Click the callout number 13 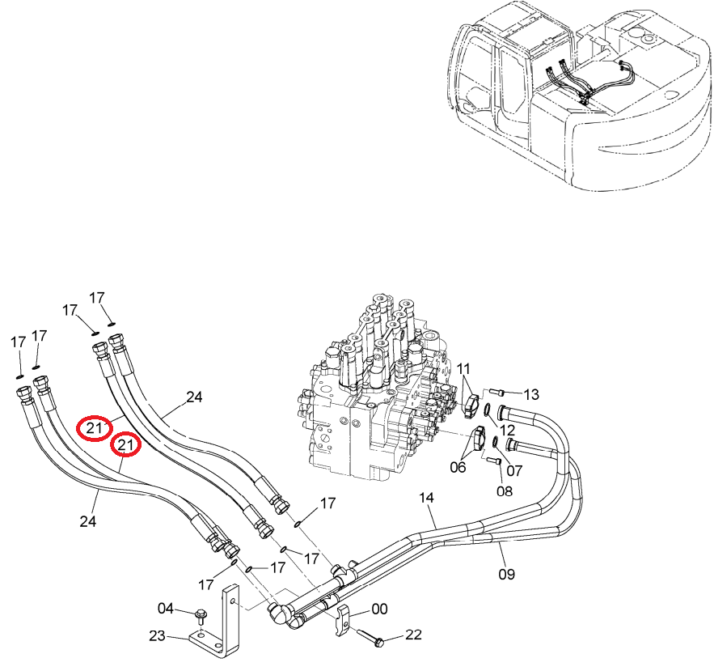pyautogui.click(x=531, y=394)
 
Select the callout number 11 pyautogui.click(x=463, y=368)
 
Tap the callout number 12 pyautogui.click(x=507, y=430)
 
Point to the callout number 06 pyautogui.click(x=458, y=467)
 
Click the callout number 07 pyautogui.click(x=514, y=470)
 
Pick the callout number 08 pyautogui.click(x=504, y=491)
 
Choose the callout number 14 pyautogui.click(x=427, y=497)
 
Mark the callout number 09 pyautogui.click(x=506, y=574)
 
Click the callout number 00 pyautogui.click(x=379, y=609)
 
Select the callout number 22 pyautogui.click(x=413, y=635)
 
